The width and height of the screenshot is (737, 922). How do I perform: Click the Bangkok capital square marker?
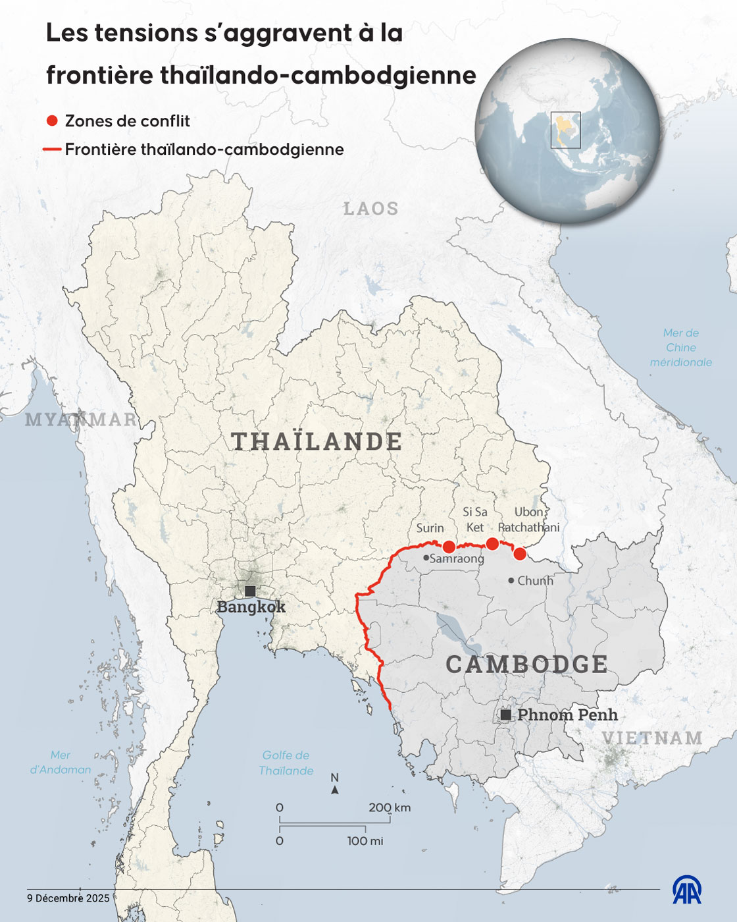pos(250,591)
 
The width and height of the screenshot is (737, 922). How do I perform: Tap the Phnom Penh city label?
pos(567,715)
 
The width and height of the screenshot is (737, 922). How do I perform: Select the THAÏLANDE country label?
pos(317,441)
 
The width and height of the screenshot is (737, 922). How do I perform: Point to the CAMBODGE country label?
pos(526,664)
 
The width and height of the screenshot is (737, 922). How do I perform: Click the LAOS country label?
pos(371,209)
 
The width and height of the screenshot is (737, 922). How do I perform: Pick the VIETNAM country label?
pos(652,738)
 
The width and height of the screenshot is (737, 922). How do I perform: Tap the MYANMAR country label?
pos(81,420)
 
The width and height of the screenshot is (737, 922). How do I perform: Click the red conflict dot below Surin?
pos(449,547)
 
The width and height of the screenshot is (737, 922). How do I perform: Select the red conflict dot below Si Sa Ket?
pos(492,543)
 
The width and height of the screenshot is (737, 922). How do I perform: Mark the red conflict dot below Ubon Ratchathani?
pos(520,553)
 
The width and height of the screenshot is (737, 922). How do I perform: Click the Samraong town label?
pos(457,558)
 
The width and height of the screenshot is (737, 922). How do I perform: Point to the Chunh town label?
pos(535,581)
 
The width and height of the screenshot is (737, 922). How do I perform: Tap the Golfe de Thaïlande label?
pos(286,763)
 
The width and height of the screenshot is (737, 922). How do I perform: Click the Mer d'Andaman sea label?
pos(61,762)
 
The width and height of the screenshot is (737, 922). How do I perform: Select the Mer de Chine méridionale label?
pos(681,348)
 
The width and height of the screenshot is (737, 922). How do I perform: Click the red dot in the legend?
pos(52,121)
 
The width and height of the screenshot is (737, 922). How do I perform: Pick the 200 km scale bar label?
pos(389,807)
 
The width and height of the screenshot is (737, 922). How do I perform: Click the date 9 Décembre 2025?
pos(68,898)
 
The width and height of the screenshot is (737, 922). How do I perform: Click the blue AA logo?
pos(686,890)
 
